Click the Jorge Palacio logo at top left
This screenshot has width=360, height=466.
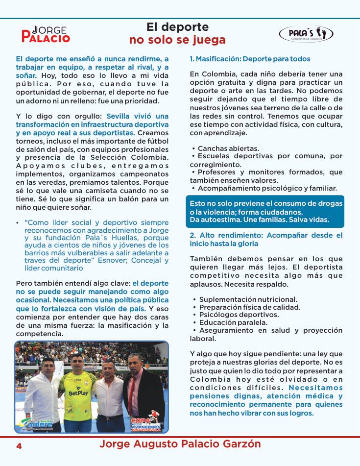pyautogui.click(x=46, y=34)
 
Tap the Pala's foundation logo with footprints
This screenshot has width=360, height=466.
pyautogui.click(x=306, y=34)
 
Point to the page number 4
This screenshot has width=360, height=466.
pyautogui.click(x=19, y=446)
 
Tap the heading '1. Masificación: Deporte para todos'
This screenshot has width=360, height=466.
pyautogui.click(x=250, y=59)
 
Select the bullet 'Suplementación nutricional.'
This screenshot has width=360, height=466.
pyautogui.click(x=248, y=299)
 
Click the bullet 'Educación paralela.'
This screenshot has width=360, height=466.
pyautogui.click(x=232, y=322)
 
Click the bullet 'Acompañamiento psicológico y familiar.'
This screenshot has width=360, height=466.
pyautogui.click(x=267, y=188)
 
